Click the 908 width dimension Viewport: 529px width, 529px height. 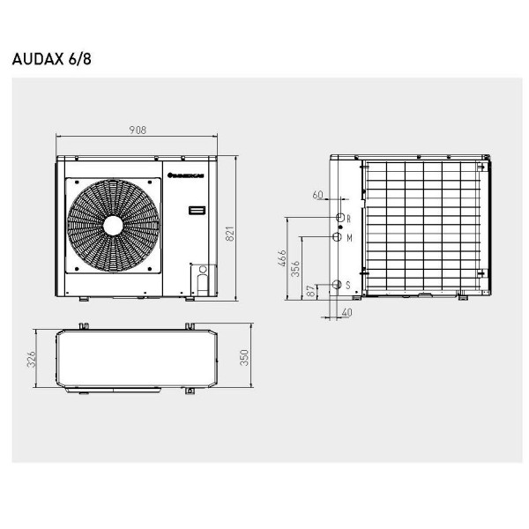(137, 130)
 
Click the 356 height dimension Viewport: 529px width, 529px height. (296, 266)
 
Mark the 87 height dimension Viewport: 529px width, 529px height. (309, 292)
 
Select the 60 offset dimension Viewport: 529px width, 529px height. (318, 195)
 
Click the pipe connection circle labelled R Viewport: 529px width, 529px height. (339, 217)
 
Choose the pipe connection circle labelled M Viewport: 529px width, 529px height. (338, 237)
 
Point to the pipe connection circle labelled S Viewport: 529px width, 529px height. (337, 284)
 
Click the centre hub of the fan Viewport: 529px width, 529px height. (113, 226)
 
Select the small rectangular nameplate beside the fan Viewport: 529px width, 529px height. (197, 212)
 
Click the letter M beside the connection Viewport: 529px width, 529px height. (349, 238)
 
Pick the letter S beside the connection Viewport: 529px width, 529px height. (348, 285)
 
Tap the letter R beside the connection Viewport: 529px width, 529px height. (349, 218)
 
